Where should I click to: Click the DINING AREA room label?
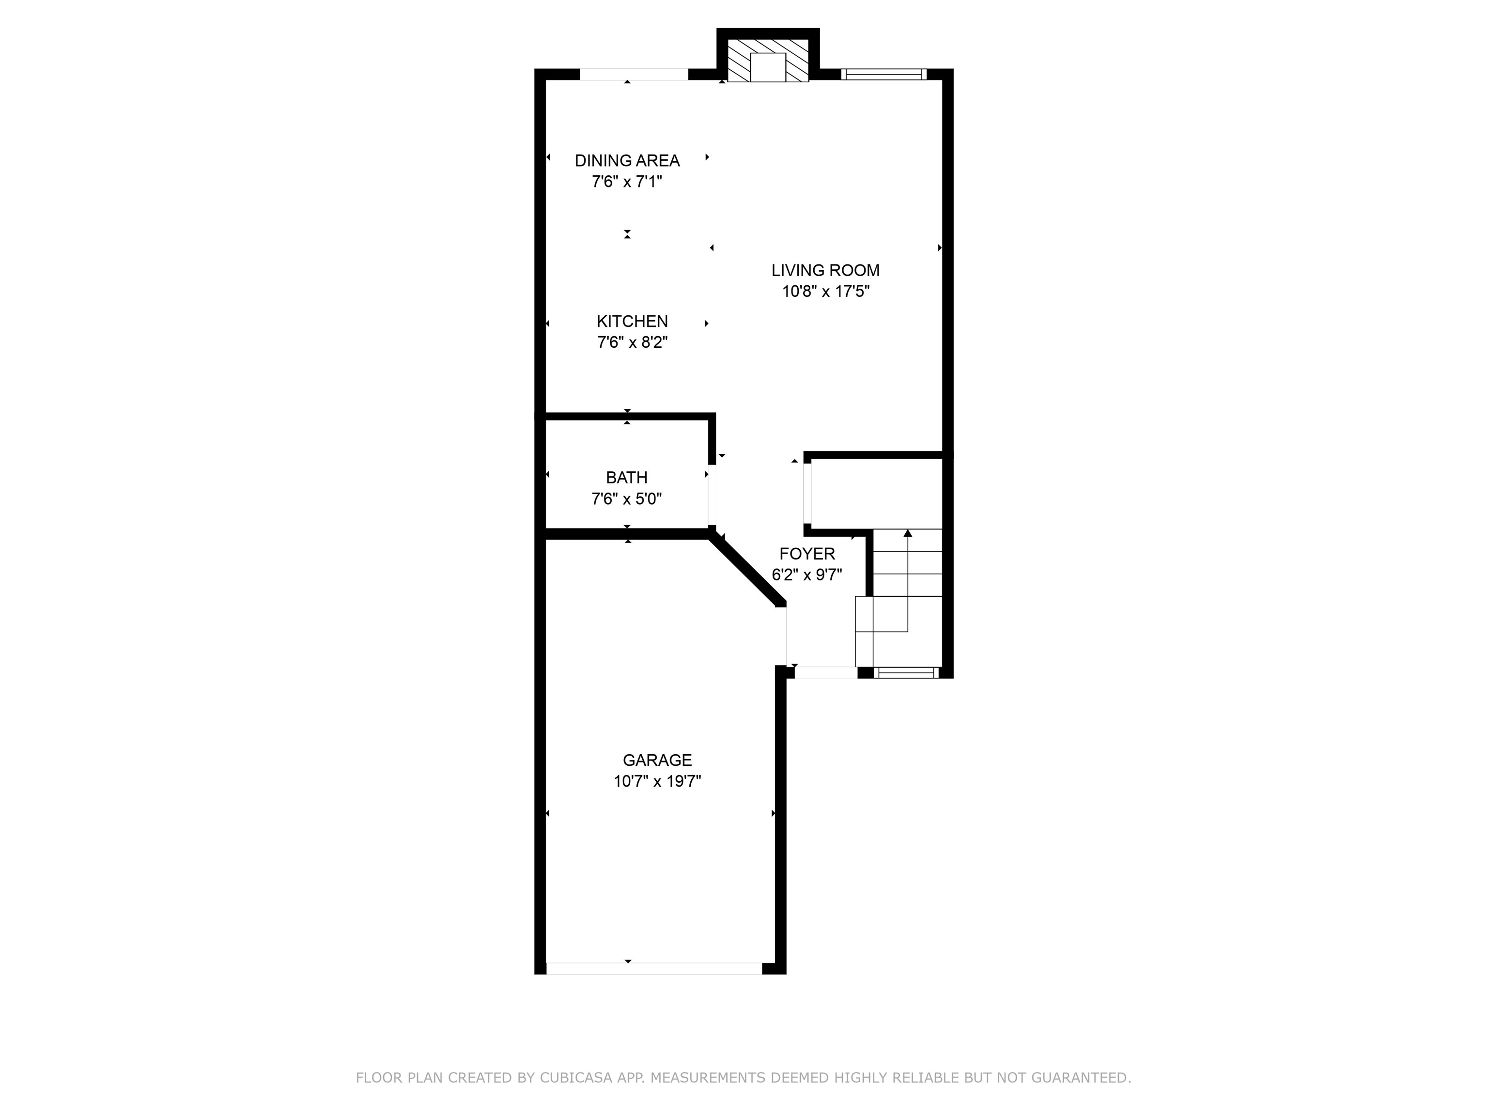(x=627, y=160)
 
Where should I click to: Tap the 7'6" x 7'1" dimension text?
(x=627, y=182)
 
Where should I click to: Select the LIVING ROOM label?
(x=825, y=270)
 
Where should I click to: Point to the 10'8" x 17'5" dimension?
(x=825, y=291)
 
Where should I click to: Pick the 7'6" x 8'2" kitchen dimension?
(x=632, y=342)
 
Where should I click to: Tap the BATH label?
(x=626, y=478)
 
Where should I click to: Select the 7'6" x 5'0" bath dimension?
(x=626, y=499)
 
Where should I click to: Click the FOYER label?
(x=806, y=554)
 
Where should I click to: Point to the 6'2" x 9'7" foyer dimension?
(x=806, y=575)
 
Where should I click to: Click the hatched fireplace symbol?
(x=768, y=61)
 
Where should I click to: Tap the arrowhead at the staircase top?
(x=907, y=533)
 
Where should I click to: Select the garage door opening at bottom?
(x=654, y=969)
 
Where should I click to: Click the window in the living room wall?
(x=883, y=75)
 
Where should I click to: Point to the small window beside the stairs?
(x=907, y=672)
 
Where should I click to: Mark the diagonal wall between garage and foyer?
(x=747, y=571)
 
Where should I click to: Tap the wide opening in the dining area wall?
(x=634, y=75)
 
